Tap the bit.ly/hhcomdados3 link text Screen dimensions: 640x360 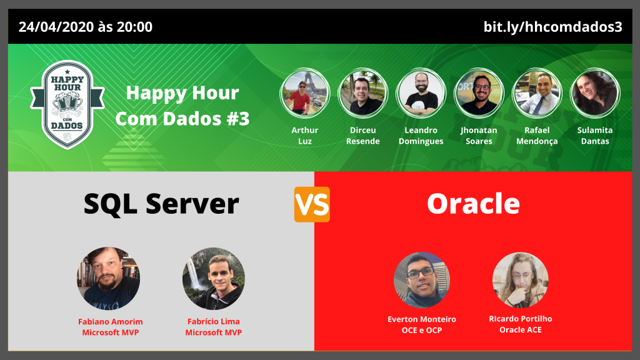(552, 27)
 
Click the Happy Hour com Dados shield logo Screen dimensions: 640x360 (67, 105)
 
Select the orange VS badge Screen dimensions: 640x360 (312, 204)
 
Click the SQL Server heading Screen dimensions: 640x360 (161, 204)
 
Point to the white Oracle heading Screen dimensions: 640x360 (473, 204)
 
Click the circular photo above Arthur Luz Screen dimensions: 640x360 (305, 93)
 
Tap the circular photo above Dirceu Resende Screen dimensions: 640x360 (363, 93)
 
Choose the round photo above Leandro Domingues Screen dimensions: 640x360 (421, 93)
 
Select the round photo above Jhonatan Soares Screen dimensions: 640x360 (479, 93)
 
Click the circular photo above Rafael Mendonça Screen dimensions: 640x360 (537, 93)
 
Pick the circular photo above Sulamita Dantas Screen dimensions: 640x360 (595, 93)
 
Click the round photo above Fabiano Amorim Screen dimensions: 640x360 (109, 278)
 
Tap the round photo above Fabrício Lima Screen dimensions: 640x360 (214, 278)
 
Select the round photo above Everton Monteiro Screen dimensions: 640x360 (422, 280)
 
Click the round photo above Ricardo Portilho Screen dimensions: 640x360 (521, 280)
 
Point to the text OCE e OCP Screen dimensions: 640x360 (422, 330)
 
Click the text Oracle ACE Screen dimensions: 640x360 (521, 330)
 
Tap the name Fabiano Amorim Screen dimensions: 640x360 (110, 322)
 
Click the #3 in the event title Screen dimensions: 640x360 (237, 119)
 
